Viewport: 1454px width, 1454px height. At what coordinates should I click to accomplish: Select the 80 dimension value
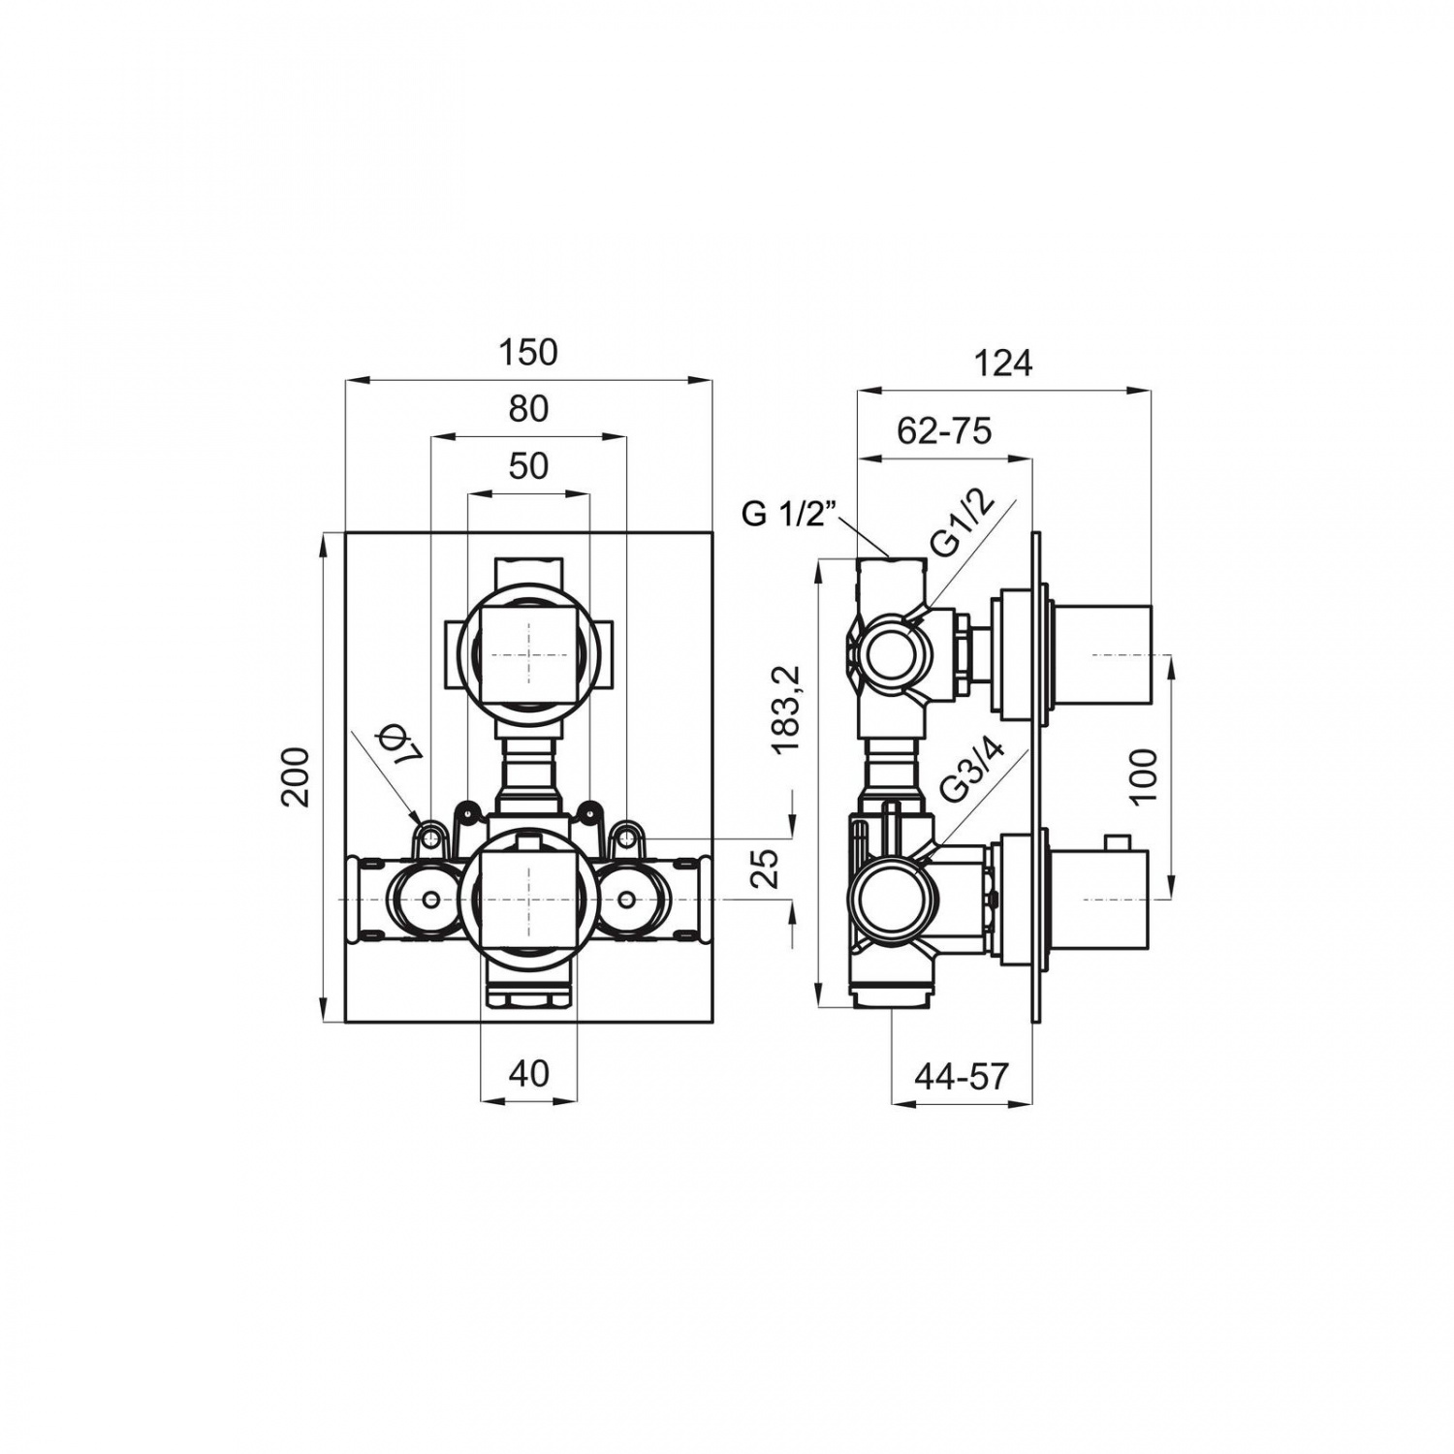(x=528, y=409)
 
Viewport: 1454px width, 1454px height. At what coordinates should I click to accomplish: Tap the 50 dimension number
(x=528, y=466)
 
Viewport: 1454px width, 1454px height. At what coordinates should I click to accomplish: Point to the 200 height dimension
(x=295, y=776)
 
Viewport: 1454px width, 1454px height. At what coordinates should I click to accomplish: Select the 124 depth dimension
(x=1003, y=363)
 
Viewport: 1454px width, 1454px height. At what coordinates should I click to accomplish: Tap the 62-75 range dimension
(x=945, y=429)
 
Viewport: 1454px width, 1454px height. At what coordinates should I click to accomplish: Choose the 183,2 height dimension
(x=785, y=711)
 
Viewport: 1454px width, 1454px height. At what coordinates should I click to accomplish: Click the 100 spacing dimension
(x=1145, y=775)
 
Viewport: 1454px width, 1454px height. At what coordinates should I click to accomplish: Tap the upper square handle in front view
(x=528, y=656)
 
